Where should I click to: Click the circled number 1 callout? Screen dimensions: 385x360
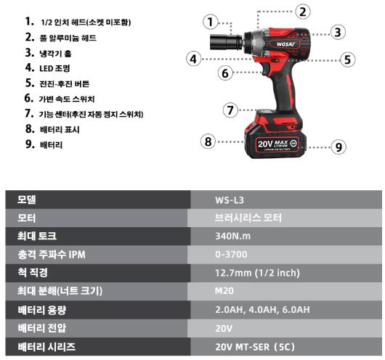(211, 22)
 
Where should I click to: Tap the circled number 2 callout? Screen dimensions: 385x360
(303, 12)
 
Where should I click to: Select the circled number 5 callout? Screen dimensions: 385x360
(348, 60)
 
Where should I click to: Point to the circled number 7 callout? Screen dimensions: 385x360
(230, 110)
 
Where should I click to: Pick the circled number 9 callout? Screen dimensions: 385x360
(339, 147)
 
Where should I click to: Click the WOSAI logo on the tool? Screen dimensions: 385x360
(285, 44)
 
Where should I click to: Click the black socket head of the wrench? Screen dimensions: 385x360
(227, 41)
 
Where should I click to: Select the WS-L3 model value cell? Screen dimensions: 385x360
(286, 200)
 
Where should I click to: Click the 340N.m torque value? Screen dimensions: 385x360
(232, 236)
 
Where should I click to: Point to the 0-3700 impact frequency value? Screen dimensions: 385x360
(231, 254)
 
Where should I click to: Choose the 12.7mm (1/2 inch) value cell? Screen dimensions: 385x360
(286, 273)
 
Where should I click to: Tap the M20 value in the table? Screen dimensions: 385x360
(224, 291)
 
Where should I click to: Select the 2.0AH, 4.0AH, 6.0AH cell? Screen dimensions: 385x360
(286, 310)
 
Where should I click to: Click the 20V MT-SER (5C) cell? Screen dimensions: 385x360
(286, 346)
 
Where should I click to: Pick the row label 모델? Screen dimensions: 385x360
(27, 200)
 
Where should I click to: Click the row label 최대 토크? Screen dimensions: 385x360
(37, 236)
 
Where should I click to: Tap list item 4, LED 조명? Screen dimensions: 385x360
(48, 68)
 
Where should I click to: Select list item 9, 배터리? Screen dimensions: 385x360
(44, 144)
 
